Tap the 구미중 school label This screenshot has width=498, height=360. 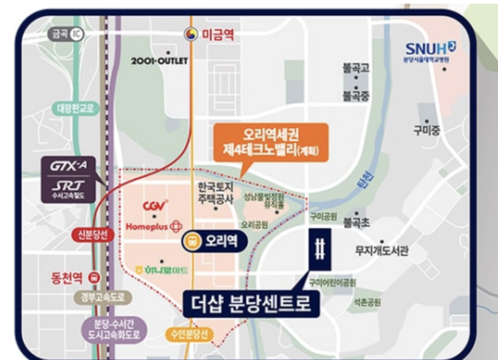pyautogui.click(x=427, y=130)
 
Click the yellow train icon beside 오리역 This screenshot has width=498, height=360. pyautogui.click(x=192, y=242)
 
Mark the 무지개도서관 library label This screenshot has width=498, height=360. pyautogui.click(x=382, y=250)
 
